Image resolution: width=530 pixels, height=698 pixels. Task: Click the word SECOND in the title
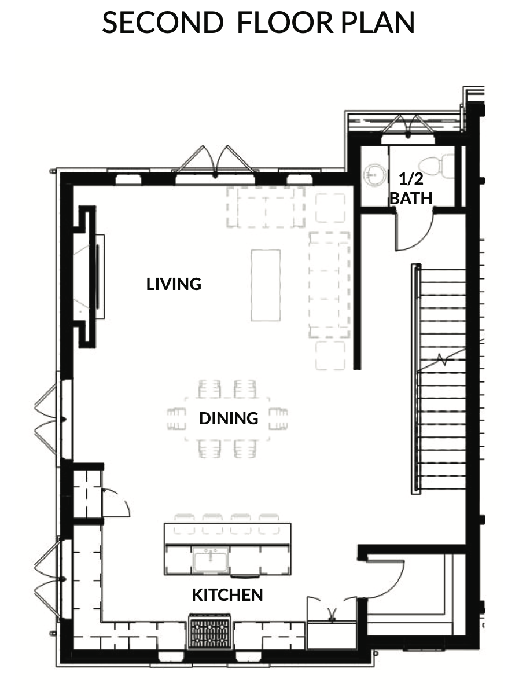163,22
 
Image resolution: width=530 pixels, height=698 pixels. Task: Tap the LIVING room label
174,284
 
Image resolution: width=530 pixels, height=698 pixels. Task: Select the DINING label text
229,418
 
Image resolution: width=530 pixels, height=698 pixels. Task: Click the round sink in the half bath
375,174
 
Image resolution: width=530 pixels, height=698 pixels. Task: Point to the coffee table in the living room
266,285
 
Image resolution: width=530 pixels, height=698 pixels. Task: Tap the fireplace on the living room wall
89,277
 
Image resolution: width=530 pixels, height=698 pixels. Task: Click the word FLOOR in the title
285,22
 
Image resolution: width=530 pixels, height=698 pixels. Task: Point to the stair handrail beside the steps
415,379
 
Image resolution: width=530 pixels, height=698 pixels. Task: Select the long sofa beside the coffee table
329,285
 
